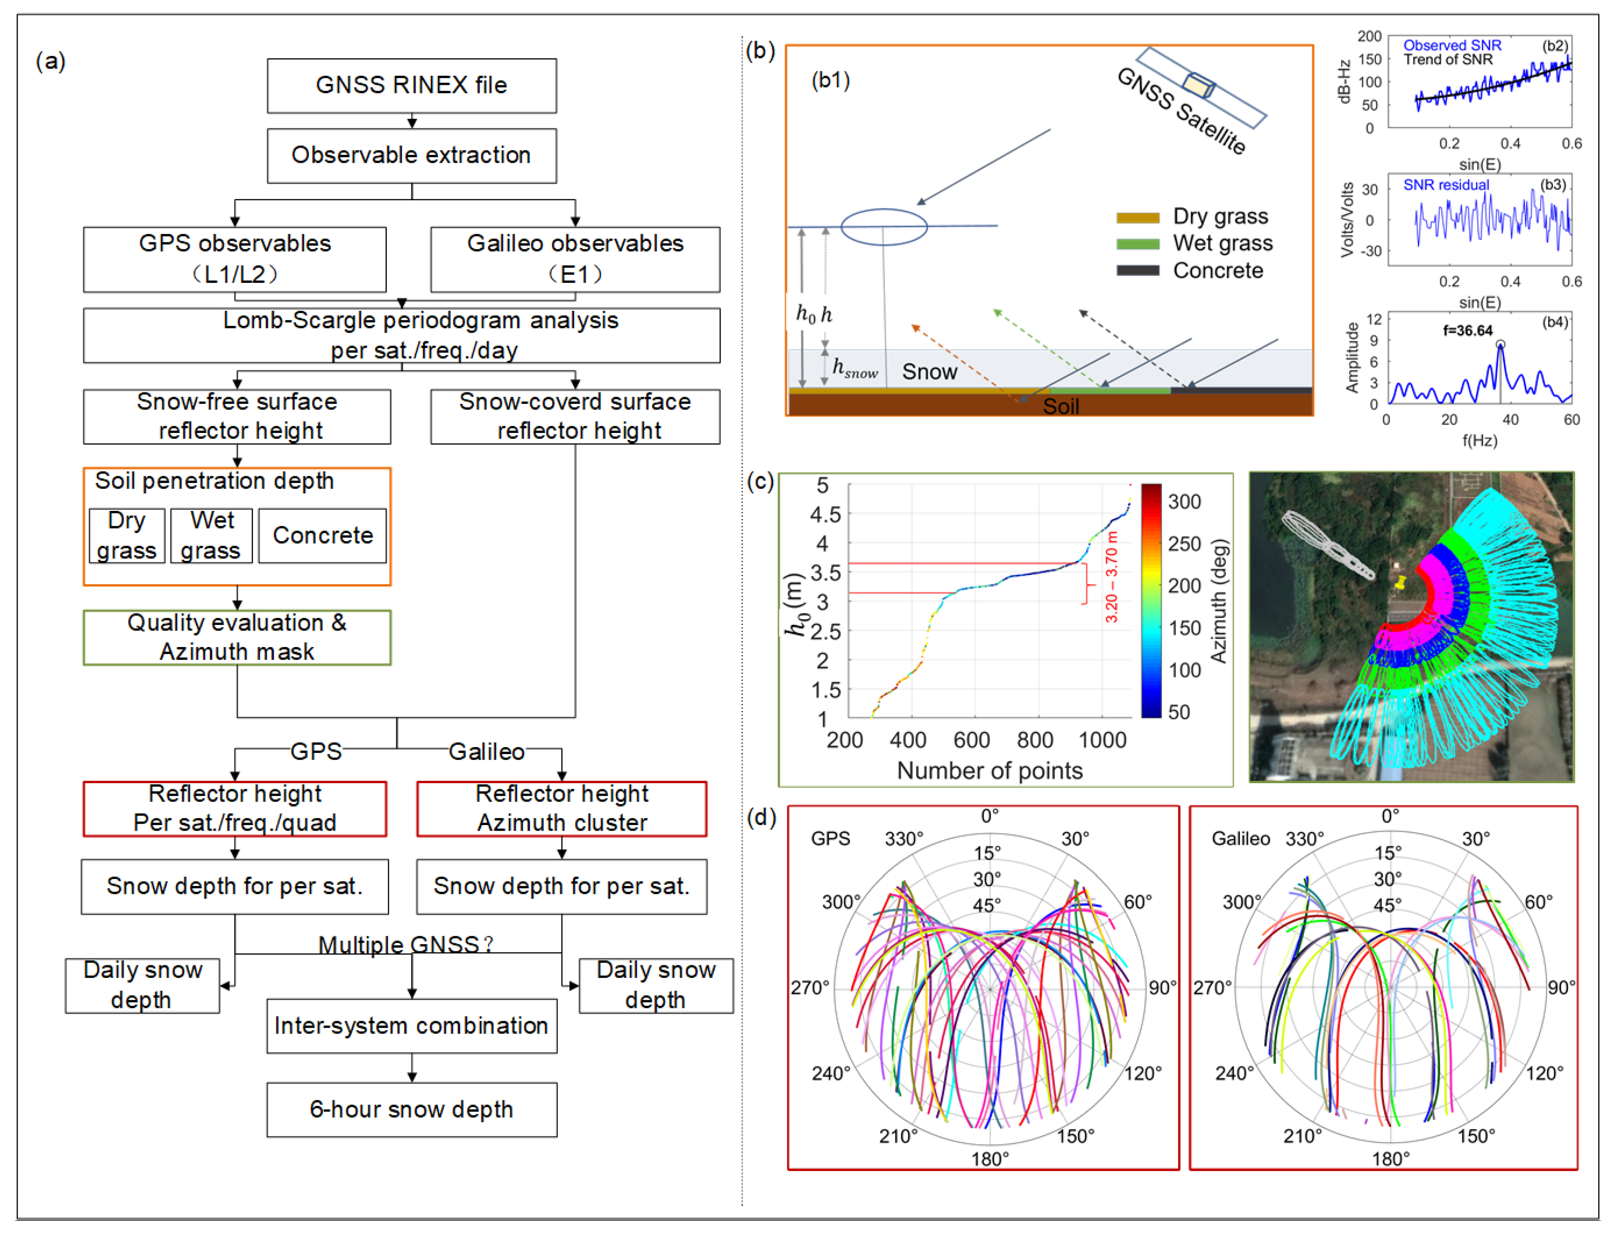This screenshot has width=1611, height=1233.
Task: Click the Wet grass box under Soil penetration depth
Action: tap(211, 536)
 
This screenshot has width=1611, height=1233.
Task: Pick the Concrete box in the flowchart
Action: tap(322, 536)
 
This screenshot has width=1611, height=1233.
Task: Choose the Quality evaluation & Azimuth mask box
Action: tap(237, 637)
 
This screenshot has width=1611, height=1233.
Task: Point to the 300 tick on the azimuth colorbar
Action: tap(1184, 502)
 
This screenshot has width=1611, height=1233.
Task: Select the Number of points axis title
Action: tap(989, 770)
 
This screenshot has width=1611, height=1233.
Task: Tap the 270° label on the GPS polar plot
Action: tap(810, 988)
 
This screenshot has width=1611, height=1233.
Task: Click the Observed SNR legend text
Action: tap(1452, 46)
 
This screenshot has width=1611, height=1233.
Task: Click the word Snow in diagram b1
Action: tap(929, 372)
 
